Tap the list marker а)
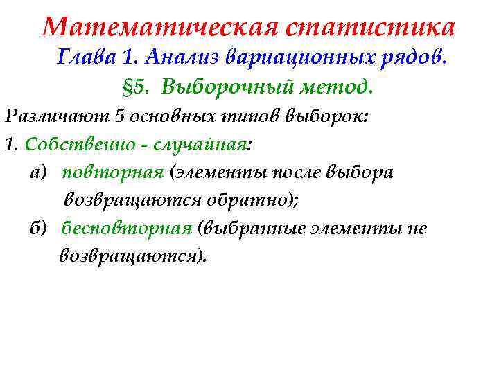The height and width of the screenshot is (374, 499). click(38, 172)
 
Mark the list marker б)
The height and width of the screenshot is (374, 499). click(39, 229)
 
